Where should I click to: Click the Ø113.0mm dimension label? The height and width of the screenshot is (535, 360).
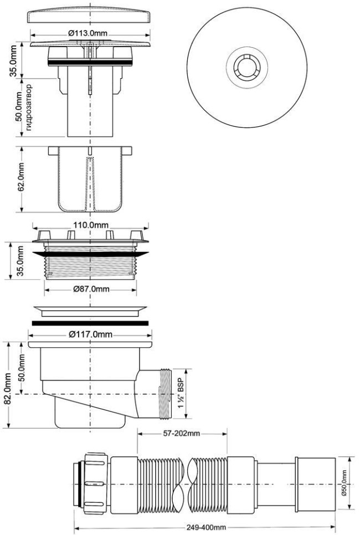tap(88, 33)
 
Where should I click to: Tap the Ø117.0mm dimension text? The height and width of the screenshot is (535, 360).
tap(90, 335)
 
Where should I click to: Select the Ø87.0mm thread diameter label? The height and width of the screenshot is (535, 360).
tap(91, 289)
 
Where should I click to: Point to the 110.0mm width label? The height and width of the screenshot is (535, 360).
tap(90, 225)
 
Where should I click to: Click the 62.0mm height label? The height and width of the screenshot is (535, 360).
tap(21, 177)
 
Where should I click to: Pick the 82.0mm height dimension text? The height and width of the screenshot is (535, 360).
tap(7, 389)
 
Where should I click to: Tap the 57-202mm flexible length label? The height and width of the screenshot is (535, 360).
tap(182, 434)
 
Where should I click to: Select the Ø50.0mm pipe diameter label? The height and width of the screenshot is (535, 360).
tap(343, 484)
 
